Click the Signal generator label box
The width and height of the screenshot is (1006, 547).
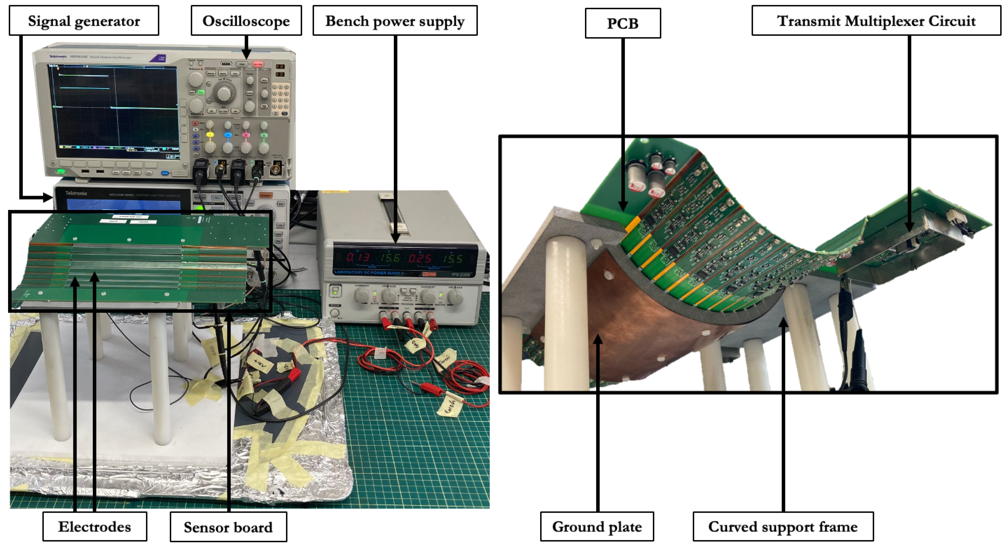click(x=84, y=21)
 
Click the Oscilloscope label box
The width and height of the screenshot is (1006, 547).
click(x=246, y=21)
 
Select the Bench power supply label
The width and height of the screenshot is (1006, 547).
click(x=395, y=21)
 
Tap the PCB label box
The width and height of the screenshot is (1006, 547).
click(x=622, y=23)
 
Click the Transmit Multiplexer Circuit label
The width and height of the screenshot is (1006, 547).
click(x=876, y=21)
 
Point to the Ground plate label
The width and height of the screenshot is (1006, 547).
click(x=596, y=527)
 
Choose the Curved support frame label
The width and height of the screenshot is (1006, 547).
click(x=783, y=527)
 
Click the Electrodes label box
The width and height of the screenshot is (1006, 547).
click(x=95, y=527)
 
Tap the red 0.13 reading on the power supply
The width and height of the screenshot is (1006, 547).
click(x=357, y=257)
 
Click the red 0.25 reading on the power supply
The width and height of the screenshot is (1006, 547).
click(x=420, y=258)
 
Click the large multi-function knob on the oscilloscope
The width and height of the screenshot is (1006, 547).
click(x=223, y=93)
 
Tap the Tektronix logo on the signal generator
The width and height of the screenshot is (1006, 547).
click(x=76, y=193)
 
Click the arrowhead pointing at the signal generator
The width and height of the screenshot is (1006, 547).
click(x=49, y=198)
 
